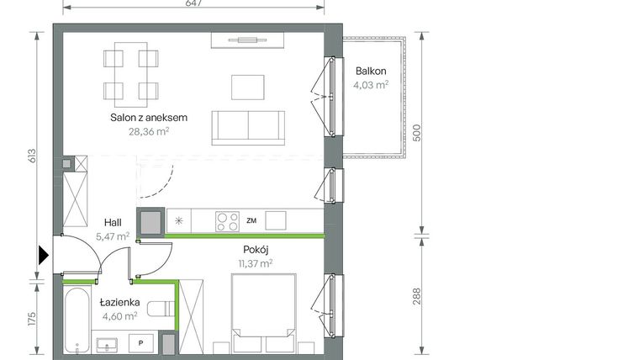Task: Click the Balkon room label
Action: tap(370, 71)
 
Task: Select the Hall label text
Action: tap(114, 222)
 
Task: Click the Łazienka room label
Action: tap(117, 302)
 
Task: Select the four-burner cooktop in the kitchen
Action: tap(226, 221)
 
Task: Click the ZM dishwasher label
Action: tap(251, 221)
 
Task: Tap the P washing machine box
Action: tap(141, 344)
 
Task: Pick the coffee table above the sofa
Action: tap(247, 85)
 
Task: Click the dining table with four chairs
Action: tap(130, 75)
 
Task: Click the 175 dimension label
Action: tap(31, 321)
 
